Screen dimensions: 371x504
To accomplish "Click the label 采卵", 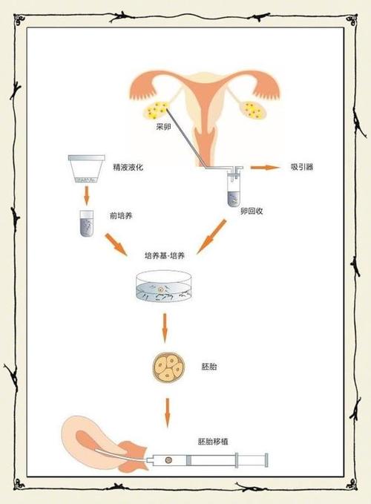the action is (x=163, y=127).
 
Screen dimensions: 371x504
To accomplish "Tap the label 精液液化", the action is (x=128, y=167).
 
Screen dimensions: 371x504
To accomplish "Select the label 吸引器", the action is (x=302, y=167).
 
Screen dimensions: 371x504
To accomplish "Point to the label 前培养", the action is (x=121, y=216).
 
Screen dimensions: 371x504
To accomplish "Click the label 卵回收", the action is (x=252, y=211).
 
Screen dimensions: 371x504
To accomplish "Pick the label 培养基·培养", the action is (x=165, y=256).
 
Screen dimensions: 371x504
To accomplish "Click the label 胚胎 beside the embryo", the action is (x=209, y=367).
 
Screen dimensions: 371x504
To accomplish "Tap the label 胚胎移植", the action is (x=213, y=442).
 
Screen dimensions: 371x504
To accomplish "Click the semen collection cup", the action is (x=86, y=168).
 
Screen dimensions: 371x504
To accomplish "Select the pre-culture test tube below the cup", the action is (x=86, y=223).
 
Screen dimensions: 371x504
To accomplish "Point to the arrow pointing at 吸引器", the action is (x=266, y=167).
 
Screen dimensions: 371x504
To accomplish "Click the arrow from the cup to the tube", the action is (x=86, y=195).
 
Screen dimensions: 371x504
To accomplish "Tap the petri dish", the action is (x=164, y=286).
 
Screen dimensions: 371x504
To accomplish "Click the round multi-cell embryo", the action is (x=168, y=367).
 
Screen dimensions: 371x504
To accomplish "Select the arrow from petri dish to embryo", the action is (x=165, y=328).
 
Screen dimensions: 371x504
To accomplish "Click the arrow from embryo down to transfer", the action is (x=167, y=413).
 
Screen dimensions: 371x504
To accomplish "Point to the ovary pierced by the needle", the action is (x=156, y=110).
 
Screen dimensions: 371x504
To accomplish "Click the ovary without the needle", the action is (x=255, y=110).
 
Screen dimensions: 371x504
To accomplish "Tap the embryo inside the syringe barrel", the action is (x=168, y=460).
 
